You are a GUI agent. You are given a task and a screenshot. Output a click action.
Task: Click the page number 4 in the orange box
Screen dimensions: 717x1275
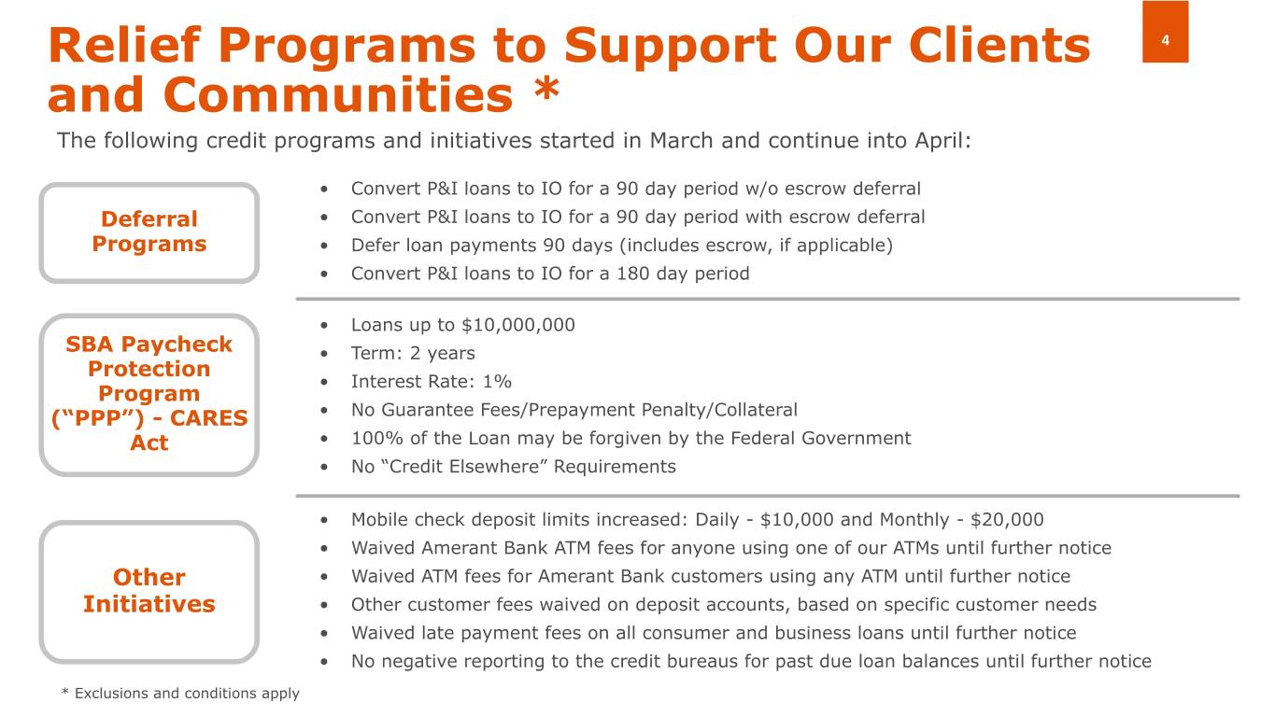1166,41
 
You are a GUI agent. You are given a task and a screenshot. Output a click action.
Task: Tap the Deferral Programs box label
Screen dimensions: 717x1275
149,232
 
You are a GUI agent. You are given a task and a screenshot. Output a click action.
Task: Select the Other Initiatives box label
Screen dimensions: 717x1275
149,590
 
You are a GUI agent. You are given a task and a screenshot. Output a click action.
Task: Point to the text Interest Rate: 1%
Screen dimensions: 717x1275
431,382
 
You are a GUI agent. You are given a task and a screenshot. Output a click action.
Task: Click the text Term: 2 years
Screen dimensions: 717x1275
413,353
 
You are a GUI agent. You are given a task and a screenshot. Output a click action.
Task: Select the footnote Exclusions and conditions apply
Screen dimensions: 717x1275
187,693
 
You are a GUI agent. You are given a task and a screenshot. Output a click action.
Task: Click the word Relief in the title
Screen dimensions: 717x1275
127,45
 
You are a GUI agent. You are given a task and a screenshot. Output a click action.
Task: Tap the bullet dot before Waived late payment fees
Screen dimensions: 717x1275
322,633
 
